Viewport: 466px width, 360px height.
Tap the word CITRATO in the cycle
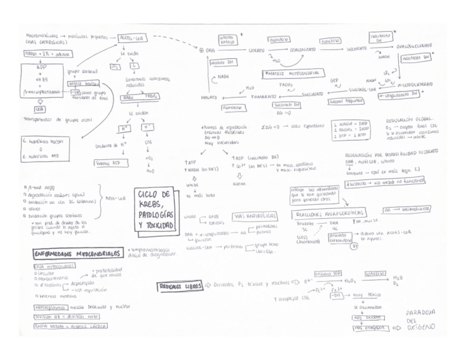point(256,50)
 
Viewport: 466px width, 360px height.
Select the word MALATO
point(210,98)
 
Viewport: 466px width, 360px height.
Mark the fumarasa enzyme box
point(218,108)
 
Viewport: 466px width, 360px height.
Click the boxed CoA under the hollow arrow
point(39,109)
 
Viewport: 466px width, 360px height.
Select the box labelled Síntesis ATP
point(107,163)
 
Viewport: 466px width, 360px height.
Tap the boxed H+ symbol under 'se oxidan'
point(124,128)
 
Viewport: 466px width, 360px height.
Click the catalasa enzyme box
point(375,273)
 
